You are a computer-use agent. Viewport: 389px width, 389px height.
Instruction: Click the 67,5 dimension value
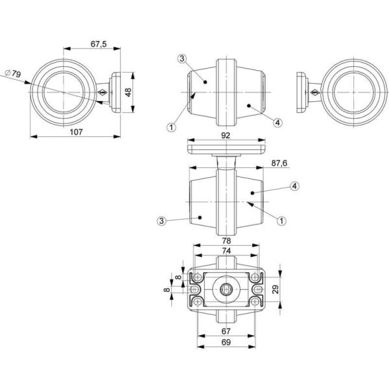coord(99,44)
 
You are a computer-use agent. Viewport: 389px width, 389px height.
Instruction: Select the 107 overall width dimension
coord(76,132)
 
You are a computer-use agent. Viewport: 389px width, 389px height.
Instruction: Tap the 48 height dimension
coord(128,92)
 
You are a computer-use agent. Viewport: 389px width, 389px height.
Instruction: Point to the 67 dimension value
coord(225,331)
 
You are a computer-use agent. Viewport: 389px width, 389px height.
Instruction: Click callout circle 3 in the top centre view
coord(182,59)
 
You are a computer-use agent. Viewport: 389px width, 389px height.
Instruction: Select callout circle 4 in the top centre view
coord(277,122)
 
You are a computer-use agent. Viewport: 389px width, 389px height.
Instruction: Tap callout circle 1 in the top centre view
coord(171,127)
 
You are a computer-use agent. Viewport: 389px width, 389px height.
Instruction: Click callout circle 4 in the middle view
coord(294,186)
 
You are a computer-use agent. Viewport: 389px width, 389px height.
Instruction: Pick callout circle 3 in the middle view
coord(161,221)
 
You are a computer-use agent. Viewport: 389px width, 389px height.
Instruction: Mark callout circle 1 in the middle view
coord(281,220)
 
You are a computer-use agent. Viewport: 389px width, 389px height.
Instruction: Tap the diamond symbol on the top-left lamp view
coord(102,93)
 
